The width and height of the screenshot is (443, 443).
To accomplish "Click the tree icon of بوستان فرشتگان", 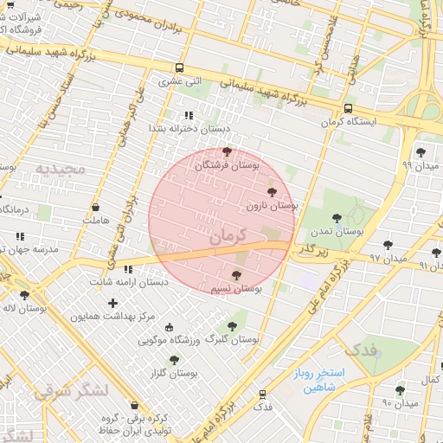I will point(228,151).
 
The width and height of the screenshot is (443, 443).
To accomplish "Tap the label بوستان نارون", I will point(272,207).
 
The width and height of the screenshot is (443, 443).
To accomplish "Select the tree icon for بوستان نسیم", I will point(236,275).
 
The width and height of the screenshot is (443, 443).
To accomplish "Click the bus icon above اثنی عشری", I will point(179,68).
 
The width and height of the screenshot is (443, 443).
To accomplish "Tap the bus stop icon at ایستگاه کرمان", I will point(348,109).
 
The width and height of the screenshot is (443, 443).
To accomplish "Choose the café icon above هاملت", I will point(95,208).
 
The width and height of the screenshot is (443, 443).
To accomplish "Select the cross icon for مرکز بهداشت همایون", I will point(112,303).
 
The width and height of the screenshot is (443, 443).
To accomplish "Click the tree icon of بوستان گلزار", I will point(174,360).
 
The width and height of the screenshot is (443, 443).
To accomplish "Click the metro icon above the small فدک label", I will point(262,394).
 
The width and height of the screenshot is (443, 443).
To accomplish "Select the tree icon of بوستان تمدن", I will point(337,219).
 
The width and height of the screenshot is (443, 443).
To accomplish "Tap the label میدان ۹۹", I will point(420,164).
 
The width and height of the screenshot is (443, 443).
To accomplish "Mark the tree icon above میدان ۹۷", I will point(388,245).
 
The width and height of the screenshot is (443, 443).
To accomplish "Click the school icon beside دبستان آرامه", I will point(128,269).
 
